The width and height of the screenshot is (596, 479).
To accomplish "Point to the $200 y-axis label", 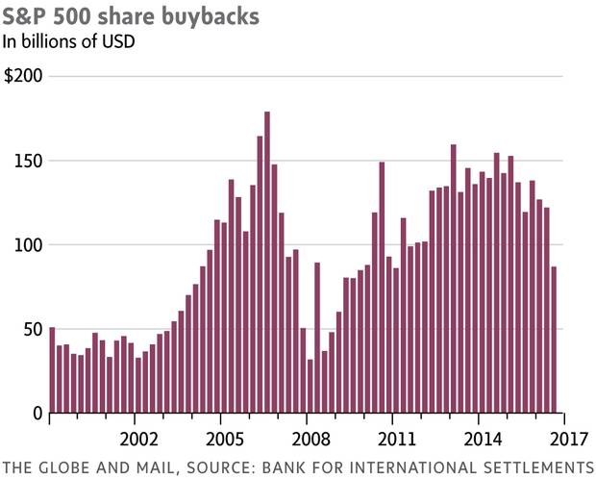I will (24, 76).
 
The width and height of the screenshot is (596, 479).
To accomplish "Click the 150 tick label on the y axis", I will (29, 160).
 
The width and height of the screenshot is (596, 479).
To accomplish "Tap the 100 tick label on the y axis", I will (29, 244).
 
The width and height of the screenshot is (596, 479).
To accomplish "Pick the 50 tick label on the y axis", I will (32, 329).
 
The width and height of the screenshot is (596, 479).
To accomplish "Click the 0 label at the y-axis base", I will (37, 413).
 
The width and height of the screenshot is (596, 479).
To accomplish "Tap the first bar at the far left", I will (52, 370).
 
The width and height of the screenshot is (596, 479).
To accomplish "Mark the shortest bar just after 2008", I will (310, 386).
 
